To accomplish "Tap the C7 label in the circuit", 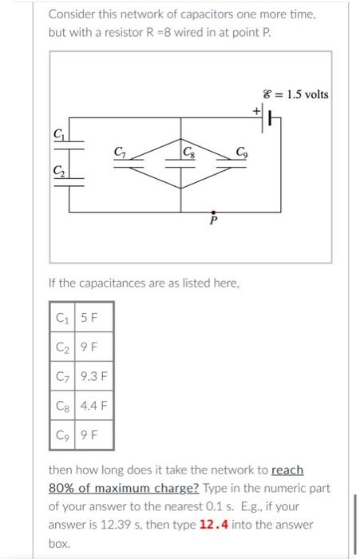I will tap(120, 151).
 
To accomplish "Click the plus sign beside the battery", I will tap(258, 110).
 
